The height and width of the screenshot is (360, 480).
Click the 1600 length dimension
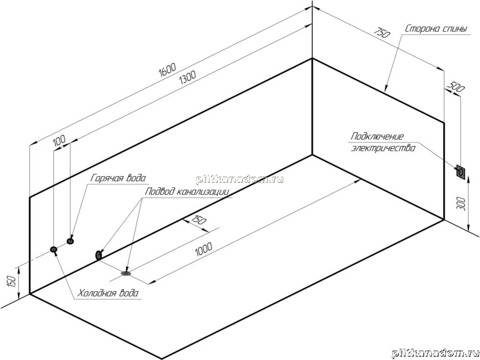pos(167,70)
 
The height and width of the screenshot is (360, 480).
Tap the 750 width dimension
pos(382,32)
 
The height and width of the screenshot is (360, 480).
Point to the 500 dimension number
pos(456,87)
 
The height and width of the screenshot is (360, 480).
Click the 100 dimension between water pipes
pos(59,141)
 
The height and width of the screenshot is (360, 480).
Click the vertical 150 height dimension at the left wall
pos(11,282)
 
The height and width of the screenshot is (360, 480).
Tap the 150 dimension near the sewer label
pos(199,220)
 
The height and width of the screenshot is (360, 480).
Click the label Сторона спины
pos(436,30)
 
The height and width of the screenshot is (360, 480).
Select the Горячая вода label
pos(118,178)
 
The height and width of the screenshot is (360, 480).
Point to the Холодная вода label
pos(108,293)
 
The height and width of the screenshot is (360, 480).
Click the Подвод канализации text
pos(187,192)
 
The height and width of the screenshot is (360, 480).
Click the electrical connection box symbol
pos(460,172)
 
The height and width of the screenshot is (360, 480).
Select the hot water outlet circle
pos(70,241)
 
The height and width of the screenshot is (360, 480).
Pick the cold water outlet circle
pos(53,249)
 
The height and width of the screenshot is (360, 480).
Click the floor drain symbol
pos(126,272)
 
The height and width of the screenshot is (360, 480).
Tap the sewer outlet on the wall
pos(99,255)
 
